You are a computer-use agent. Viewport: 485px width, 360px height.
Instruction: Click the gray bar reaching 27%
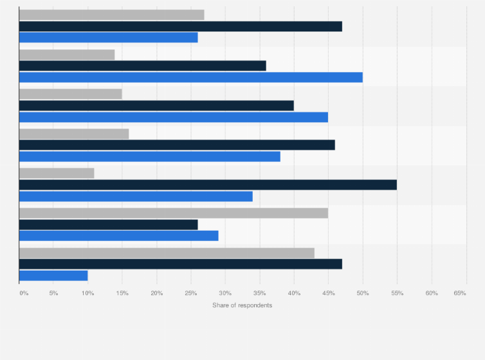tap(111, 15)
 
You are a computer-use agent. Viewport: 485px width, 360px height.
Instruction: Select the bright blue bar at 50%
tap(190, 77)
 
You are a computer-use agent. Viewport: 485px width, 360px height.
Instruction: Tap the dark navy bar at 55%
tap(208, 184)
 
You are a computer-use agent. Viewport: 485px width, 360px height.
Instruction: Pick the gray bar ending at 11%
tap(57, 173)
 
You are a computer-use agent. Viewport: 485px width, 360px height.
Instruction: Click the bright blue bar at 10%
tap(53, 276)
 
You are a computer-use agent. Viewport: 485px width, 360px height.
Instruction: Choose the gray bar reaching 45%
tap(173, 213)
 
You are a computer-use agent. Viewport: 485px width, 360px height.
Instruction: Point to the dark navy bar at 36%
tap(142, 66)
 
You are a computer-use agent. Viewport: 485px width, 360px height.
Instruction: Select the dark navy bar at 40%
tap(156, 105)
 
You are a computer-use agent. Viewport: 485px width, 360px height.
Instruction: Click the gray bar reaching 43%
tap(167, 253)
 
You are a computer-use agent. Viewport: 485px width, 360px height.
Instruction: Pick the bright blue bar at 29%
tap(118, 236)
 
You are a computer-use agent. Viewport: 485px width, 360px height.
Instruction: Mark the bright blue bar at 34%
tap(136, 196)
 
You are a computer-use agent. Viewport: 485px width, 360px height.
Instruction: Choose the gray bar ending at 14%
tap(67, 55)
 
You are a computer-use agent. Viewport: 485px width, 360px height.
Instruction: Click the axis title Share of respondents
tap(242, 305)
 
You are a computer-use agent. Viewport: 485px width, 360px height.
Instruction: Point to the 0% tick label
tap(24, 293)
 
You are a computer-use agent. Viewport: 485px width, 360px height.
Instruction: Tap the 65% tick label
tap(460, 293)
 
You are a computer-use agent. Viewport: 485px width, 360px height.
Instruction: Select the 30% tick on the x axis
tap(225, 293)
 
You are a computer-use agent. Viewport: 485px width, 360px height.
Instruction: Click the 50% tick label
tap(363, 293)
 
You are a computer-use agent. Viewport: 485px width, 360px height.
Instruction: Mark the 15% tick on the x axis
tap(122, 293)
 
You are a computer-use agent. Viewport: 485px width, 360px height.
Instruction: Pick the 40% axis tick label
tap(294, 293)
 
